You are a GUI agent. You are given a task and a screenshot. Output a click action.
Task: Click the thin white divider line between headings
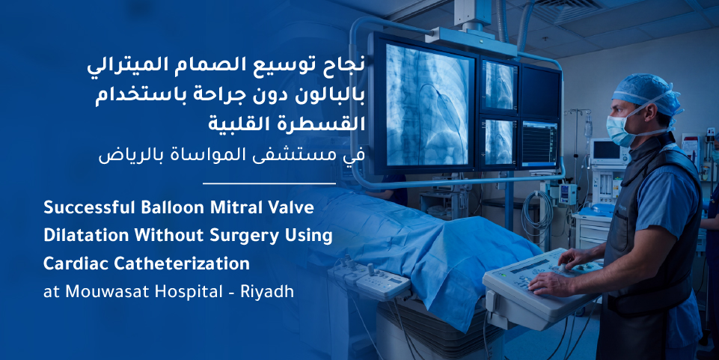269,183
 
